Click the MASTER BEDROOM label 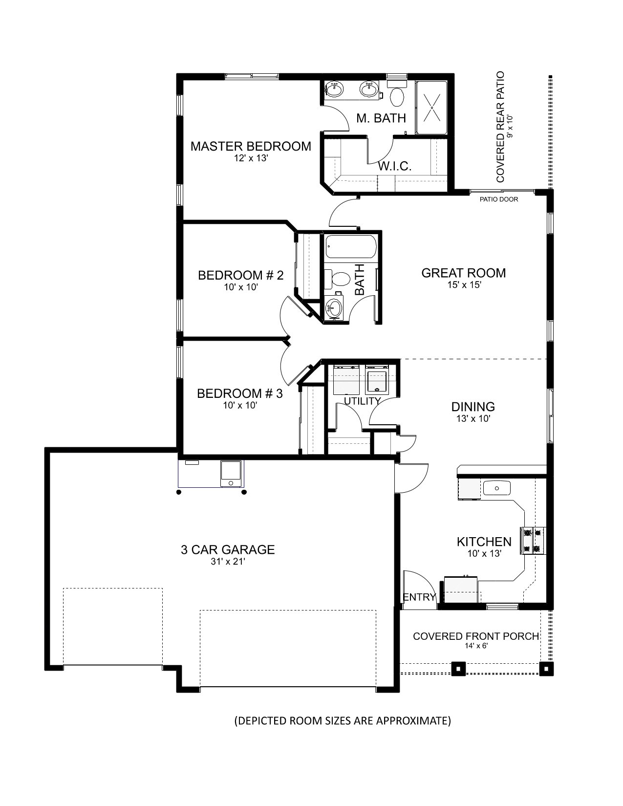coord(251,146)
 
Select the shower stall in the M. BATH coord(432,108)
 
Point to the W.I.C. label coord(395,166)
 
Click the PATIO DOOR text coord(499,199)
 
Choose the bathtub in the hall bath coord(351,246)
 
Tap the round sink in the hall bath coord(335,307)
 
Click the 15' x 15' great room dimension coord(464,284)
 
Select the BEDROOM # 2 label coord(240,275)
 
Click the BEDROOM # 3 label coord(240,393)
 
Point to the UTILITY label coord(363,401)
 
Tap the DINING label coord(473,407)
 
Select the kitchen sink coord(496,488)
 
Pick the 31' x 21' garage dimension coord(228,562)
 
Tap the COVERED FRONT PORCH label coord(476,636)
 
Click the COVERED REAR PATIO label coord(500,127)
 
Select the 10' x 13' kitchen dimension coord(484,553)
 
